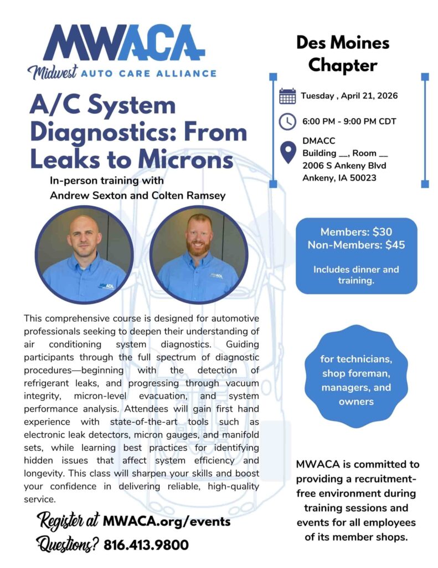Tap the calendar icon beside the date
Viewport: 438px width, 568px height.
(x=287, y=96)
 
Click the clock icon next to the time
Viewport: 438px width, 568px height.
(x=287, y=121)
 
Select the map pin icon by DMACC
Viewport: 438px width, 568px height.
(x=287, y=153)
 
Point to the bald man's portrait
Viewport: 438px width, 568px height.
(x=85, y=254)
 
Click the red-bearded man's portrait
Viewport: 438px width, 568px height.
(x=199, y=254)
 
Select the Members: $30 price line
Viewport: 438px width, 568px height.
(x=356, y=232)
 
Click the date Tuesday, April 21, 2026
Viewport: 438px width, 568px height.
(x=349, y=96)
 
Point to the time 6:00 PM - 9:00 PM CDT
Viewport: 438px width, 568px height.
(x=349, y=121)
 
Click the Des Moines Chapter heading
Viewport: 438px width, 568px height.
(x=343, y=54)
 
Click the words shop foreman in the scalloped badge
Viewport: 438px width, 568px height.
(x=356, y=373)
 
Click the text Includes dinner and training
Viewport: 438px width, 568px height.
(x=356, y=275)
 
